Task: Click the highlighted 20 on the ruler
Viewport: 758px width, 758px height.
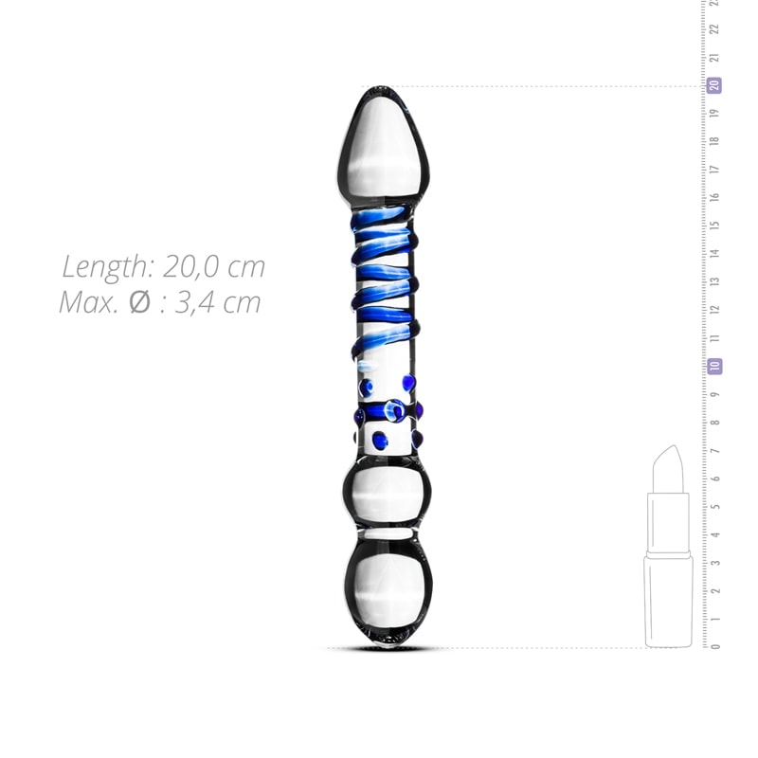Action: point(715,85)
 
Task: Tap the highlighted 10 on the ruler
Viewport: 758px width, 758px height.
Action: point(715,366)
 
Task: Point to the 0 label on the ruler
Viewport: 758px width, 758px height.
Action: point(715,647)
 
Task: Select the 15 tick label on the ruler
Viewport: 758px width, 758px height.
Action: point(715,226)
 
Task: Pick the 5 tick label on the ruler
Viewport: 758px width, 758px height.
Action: point(715,506)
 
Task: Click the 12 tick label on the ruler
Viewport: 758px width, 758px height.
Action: point(715,310)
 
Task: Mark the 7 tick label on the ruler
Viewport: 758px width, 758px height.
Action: point(715,450)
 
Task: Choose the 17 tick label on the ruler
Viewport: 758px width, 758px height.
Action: point(715,170)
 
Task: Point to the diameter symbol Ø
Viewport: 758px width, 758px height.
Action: point(138,303)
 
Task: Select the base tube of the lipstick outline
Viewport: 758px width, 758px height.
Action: point(668,602)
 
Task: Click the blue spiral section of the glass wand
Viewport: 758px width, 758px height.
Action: point(384,284)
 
